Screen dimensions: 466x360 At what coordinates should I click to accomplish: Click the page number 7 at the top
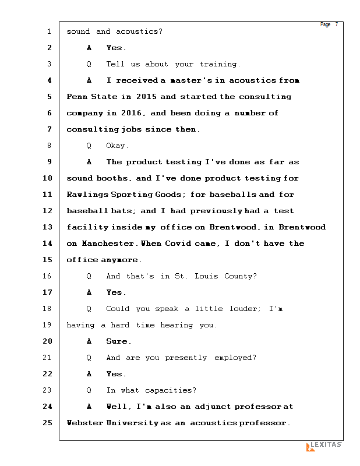tap(336, 24)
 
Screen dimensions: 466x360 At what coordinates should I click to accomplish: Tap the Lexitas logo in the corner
tap(324, 446)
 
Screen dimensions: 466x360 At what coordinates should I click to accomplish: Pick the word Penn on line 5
tap(76, 97)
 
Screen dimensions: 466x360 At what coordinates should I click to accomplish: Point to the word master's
tap(189, 80)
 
